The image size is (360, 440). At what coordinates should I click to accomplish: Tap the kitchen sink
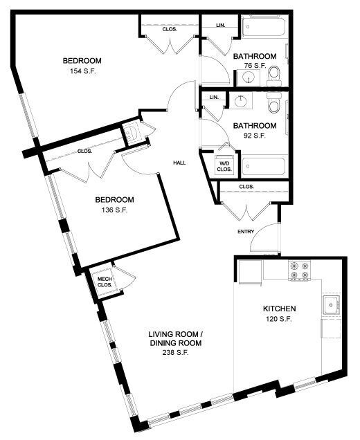[330, 304]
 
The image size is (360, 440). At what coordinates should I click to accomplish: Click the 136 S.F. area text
[111, 210]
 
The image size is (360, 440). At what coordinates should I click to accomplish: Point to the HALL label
[179, 163]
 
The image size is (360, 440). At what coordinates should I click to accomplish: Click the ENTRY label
[246, 232]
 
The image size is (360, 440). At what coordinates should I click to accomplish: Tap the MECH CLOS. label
[105, 282]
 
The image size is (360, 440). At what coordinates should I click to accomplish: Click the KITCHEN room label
[280, 309]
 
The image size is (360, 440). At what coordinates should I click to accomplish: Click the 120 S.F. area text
[280, 320]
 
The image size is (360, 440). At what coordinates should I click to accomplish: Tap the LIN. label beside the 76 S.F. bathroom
[221, 26]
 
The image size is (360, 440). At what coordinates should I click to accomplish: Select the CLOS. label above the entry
[246, 187]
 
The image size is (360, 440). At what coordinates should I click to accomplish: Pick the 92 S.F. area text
[255, 136]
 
